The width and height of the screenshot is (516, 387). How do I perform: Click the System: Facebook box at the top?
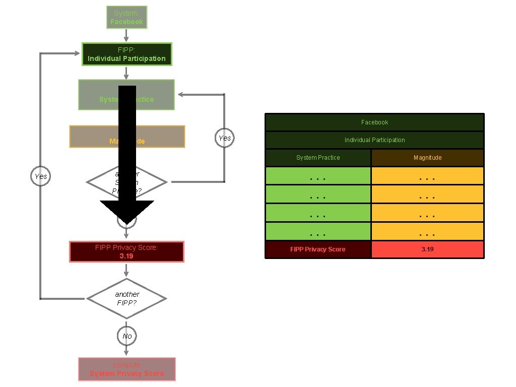point(126,17)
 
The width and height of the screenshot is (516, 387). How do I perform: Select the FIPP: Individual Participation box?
point(126,54)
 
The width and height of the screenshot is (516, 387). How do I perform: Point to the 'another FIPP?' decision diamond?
point(126,298)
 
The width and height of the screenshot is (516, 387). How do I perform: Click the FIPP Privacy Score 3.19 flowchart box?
point(126,251)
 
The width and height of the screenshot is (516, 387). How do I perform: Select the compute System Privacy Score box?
point(126,369)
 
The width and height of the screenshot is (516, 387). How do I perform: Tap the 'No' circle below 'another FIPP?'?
point(126,336)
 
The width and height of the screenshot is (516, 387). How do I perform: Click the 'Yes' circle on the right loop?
point(224,138)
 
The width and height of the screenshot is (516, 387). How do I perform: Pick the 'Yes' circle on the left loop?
point(41,176)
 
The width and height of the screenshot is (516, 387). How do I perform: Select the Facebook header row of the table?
point(374,122)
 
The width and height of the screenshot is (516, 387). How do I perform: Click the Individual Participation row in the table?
point(374,140)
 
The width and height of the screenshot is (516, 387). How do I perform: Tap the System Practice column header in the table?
point(318,158)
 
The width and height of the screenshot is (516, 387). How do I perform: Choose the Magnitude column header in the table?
point(427,158)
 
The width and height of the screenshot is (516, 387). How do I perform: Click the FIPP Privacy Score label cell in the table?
point(318,249)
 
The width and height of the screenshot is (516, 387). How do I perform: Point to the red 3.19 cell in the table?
point(427,249)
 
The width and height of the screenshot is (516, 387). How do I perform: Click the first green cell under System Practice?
point(318,175)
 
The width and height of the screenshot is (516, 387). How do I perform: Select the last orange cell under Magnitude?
point(427,231)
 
